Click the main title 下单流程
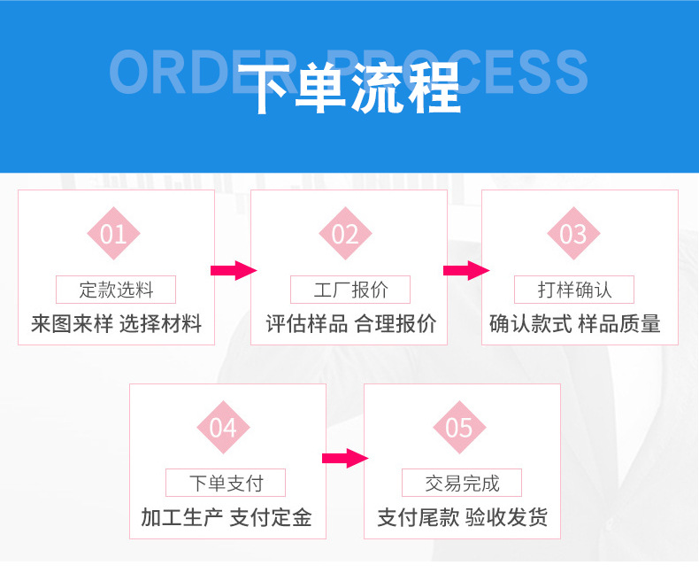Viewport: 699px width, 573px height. point(350,89)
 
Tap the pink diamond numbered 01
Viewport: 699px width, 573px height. point(113,234)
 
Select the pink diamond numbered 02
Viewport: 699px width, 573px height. point(345,234)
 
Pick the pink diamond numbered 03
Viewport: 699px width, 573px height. point(573,234)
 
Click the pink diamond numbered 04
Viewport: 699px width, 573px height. point(223,428)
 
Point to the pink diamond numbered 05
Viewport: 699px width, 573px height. point(459,428)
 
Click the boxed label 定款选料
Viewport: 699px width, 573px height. point(116,290)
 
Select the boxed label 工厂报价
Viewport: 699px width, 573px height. point(350,290)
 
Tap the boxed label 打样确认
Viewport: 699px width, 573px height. point(574,290)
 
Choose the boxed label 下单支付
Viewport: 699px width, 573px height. point(226,484)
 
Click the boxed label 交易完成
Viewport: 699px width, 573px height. point(462,484)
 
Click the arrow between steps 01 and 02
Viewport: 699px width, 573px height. point(233,271)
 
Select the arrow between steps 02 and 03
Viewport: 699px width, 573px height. point(465,271)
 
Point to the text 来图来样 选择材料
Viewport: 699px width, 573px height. point(116,324)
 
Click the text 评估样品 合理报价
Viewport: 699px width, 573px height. point(351,324)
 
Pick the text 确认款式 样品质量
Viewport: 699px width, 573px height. point(575,324)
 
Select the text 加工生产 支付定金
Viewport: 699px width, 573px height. point(227,518)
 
